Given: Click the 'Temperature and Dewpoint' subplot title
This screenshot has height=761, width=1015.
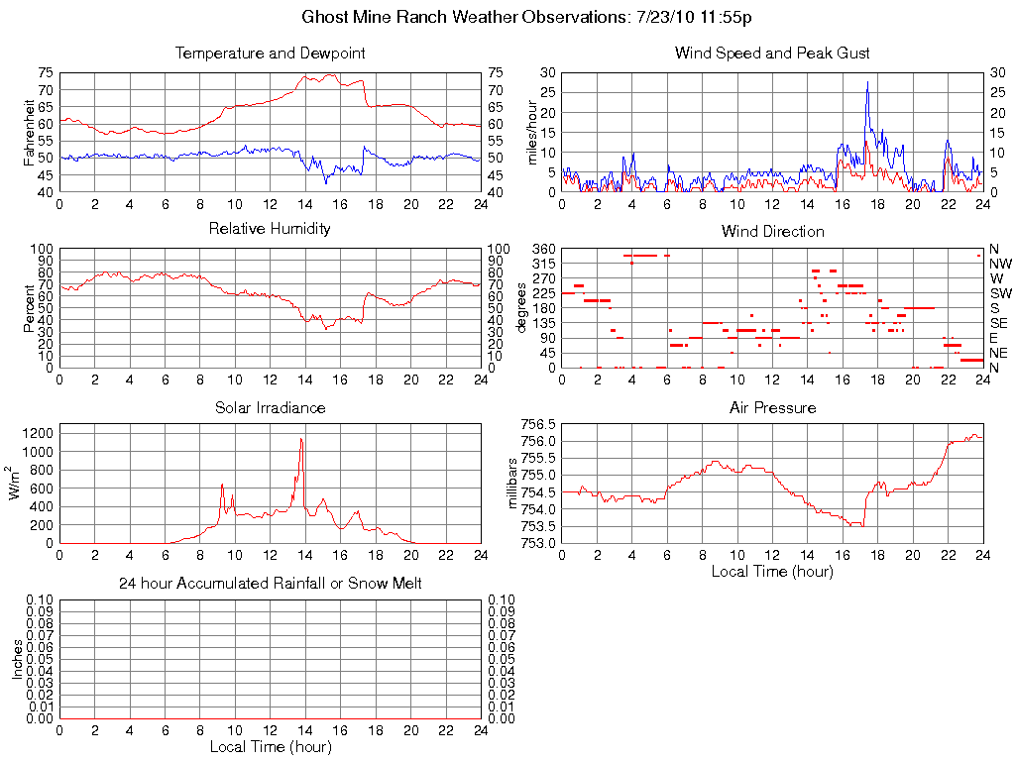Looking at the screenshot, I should (270, 54).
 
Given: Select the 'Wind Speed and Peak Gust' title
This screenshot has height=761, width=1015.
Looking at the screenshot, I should (771, 54).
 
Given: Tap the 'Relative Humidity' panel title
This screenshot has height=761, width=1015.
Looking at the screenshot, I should (270, 229).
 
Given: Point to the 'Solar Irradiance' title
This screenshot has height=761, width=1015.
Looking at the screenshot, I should (270, 407).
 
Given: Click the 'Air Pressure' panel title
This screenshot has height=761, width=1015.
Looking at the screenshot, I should (772, 407).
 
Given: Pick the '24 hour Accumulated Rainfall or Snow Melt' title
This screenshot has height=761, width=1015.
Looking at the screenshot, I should (270, 584).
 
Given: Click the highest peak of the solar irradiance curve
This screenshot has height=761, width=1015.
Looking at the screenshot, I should (301, 438).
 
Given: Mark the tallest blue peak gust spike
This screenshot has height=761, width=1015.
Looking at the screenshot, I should (867, 82).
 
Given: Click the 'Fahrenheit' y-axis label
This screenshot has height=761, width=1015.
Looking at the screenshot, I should (30, 132).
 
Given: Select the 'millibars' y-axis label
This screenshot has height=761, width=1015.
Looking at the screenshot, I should (512, 483).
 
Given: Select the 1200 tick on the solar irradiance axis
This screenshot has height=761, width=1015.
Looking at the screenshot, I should (38, 432).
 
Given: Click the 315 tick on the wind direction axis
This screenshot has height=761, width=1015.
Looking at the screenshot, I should (541, 264).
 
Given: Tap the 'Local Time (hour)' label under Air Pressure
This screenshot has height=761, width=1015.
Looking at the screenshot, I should (772, 571).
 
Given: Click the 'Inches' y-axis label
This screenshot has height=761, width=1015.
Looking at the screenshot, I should (17, 659).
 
